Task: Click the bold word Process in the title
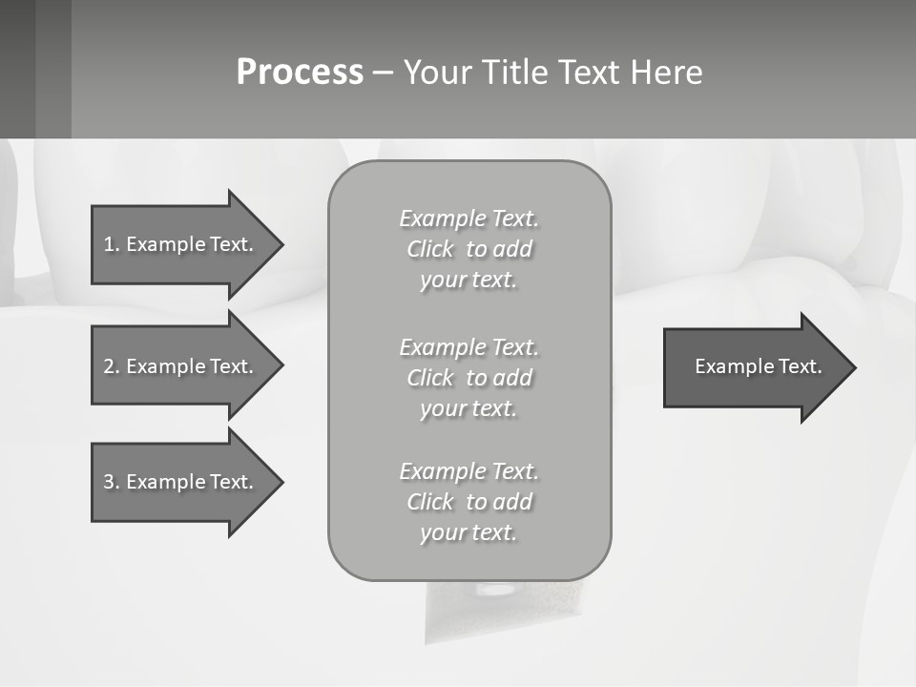click(300, 73)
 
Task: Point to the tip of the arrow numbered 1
click(281, 244)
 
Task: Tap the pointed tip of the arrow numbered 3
click(281, 482)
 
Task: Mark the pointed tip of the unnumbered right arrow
click(854, 367)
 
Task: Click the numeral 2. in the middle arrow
click(111, 366)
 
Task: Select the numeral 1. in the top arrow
click(111, 244)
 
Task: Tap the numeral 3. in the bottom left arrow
click(111, 482)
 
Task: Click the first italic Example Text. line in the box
click(468, 219)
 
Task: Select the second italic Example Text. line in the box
click(468, 346)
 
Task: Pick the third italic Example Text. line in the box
click(468, 471)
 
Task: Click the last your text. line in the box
click(468, 532)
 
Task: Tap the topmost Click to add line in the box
click(468, 249)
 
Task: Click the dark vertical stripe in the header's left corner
click(53, 69)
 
